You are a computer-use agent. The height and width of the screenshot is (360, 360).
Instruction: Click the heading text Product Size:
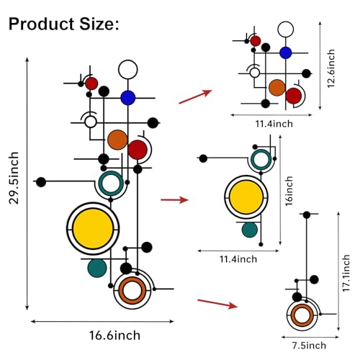(64, 24)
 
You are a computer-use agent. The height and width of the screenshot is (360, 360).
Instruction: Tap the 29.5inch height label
(14, 178)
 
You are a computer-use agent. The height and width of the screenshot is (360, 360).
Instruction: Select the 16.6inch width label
(114, 336)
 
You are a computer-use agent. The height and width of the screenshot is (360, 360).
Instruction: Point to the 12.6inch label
(331, 68)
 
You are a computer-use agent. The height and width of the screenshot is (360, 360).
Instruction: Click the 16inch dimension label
(289, 191)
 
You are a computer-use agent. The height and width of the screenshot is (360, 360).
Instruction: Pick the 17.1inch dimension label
(346, 273)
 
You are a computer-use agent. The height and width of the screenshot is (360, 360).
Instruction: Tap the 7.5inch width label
(309, 346)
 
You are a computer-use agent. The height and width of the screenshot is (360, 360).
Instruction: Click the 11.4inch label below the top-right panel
(274, 124)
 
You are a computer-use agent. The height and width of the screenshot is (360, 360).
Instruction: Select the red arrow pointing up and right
(195, 96)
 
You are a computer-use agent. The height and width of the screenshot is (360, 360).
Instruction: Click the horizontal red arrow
(174, 199)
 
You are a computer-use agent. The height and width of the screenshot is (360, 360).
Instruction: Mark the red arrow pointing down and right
(217, 304)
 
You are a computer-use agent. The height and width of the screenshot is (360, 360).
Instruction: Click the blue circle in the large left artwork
(128, 98)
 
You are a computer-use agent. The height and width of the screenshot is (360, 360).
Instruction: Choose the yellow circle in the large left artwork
(93, 229)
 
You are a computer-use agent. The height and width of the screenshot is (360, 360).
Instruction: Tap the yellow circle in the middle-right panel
(246, 197)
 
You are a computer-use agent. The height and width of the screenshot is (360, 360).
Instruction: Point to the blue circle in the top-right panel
(286, 53)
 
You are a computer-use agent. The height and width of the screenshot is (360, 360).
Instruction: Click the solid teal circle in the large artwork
(97, 268)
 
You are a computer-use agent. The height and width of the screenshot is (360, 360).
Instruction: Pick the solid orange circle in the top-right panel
(277, 88)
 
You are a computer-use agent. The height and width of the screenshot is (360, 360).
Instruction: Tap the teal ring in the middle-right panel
(252, 159)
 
